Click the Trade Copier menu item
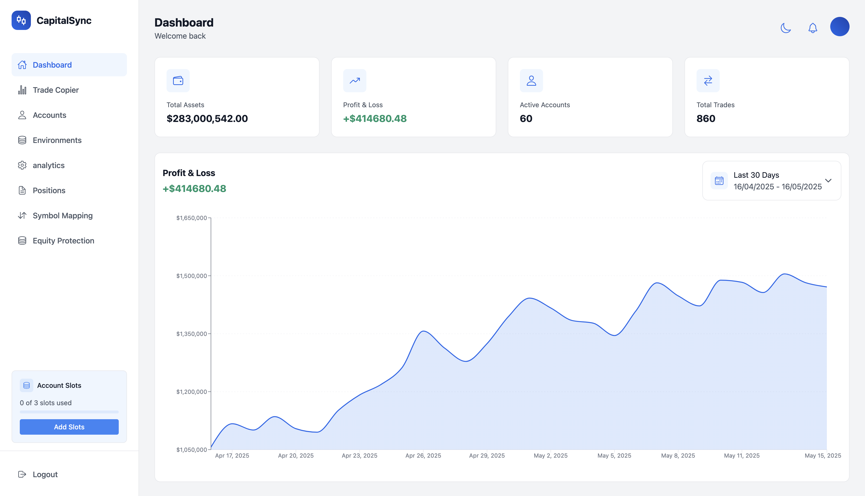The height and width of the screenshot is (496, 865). pyautogui.click(x=56, y=90)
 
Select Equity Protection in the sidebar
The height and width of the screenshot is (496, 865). pyautogui.click(x=63, y=241)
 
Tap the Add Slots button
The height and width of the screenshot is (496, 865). pyautogui.click(x=69, y=427)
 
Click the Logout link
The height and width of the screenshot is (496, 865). pyautogui.click(x=45, y=475)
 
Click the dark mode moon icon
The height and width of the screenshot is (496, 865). pyautogui.click(x=785, y=28)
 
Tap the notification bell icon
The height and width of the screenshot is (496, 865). pyautogui.click(x=813, y=28)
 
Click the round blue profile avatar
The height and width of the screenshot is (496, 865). pyautogui.click(x=839, y=27)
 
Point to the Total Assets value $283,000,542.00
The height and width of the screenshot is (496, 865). pyautogui.click(x=207, y=119)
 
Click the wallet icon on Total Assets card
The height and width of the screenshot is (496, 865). pyautogui.click(x=178, y=81)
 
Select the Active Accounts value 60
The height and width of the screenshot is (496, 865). pyautogui.click(x=526, y=119)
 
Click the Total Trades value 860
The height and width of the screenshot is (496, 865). pyautogui.click(x=706, y=119)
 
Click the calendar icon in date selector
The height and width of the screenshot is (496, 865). pyautogui.click(x=719, y=181)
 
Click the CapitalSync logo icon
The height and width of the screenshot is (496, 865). pyautogui.click(x=21, y=21)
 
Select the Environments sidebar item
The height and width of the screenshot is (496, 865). pyautogui.click(x=57, y=140)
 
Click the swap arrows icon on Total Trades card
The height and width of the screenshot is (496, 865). pyautogui.click(x=708, y=81)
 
